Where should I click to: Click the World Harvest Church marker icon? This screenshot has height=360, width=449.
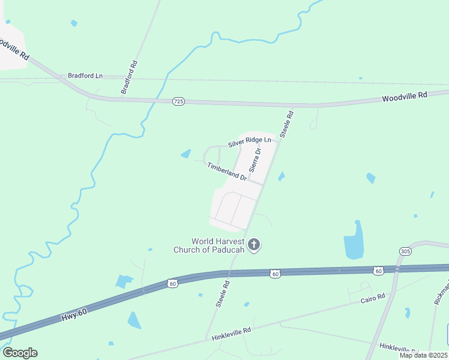[x=254, y=244]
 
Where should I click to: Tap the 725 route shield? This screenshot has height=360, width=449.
[x=178, y=101]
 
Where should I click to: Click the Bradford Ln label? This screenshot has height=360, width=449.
[x=85, y=76]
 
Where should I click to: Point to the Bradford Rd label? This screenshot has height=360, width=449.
[x=129, y=77]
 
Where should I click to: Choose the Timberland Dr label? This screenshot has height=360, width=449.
[x=227, y=171]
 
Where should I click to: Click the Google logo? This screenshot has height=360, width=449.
[x=20, y=353]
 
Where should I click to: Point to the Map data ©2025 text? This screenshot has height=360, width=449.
[x=423, y=355]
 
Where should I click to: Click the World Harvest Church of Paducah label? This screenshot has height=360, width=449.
[x=217, y=245]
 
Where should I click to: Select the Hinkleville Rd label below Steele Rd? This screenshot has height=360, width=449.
[x=231, y=334]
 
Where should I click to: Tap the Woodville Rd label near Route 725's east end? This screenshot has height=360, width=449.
[x=405, y=96]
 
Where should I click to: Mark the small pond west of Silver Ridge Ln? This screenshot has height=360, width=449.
[x=186, y=154]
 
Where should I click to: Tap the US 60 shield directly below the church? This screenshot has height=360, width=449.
[x=275, y=274]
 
